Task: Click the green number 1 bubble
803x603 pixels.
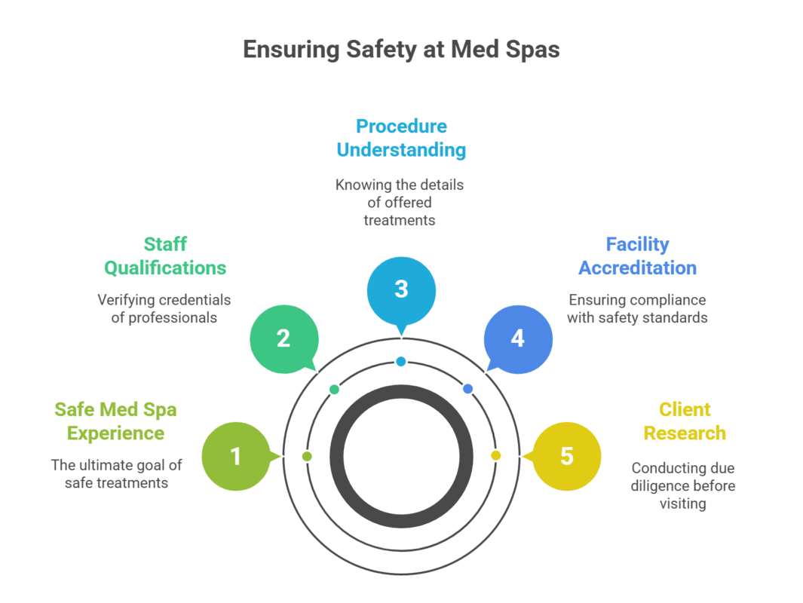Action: pyautogui.click(x=236, y=456)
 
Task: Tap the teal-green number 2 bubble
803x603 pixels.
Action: pyautogui.click(x=284, y=338)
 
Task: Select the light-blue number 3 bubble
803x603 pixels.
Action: pyautogui.click(x=401, y=289)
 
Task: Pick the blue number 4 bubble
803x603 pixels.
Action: pyautogui.click(x=517, y=338)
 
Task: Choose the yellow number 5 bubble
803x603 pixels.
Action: pyautogui.click(x=566, y=456)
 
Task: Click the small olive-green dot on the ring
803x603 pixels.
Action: pyautogui.click(x=307, y=457)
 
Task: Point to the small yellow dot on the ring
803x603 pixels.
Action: pyautogui.click(x=495, y=456)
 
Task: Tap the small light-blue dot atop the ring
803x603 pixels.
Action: pyautogui.click(x=401, y=362)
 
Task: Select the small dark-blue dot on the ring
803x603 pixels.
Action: pyautogui.click(x=467, y=389)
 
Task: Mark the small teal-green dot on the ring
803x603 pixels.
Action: pyautogui.click(x=334, y=390)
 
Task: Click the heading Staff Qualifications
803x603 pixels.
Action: pyautogui.click(x=165, y=256)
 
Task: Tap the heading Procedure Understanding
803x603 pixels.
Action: pyautogui.click(x=401, y=138)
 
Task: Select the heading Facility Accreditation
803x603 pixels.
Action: pyautogui.click(x=638, y=256)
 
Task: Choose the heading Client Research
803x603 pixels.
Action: pyautogui.click(x=685, y=421)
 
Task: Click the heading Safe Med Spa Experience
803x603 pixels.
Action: pyautogui.click(x=115, y=421)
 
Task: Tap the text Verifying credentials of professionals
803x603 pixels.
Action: pyautogui.click(x=164, y=308)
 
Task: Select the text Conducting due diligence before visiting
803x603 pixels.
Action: pyautogui.click(x=683, y=486)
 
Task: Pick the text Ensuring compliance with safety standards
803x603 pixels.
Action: pyautogui.click(x=638, y=308)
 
